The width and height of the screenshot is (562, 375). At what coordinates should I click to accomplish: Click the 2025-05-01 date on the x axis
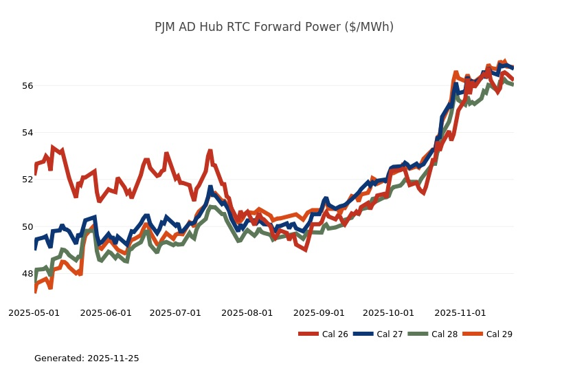34,313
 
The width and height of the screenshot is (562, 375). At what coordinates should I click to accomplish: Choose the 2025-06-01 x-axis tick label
106,313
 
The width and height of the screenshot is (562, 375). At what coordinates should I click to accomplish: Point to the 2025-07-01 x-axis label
175,313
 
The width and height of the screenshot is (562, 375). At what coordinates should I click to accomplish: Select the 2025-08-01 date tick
247,313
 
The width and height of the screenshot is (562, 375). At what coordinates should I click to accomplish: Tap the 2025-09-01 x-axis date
319,313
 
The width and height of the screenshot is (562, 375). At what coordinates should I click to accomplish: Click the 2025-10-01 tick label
388,313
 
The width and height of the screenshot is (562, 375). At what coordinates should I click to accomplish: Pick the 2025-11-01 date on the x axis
460,313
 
